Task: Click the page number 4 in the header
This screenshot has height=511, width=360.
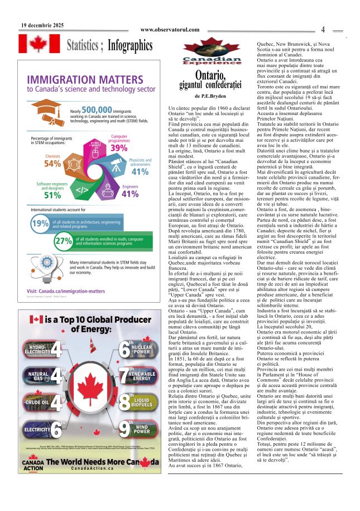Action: click(x=323, y=30)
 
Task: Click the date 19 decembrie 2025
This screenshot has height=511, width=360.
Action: click(x=42, y=25)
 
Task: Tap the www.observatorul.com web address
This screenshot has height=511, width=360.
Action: click(x=170, y=30)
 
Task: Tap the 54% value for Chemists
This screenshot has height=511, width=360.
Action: click(x=52, y=164)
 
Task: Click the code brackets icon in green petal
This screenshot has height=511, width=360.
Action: click(x=81, y=189)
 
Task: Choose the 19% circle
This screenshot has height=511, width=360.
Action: click(x=40, y=224)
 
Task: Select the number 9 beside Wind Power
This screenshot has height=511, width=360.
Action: click(x=124, y=428)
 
